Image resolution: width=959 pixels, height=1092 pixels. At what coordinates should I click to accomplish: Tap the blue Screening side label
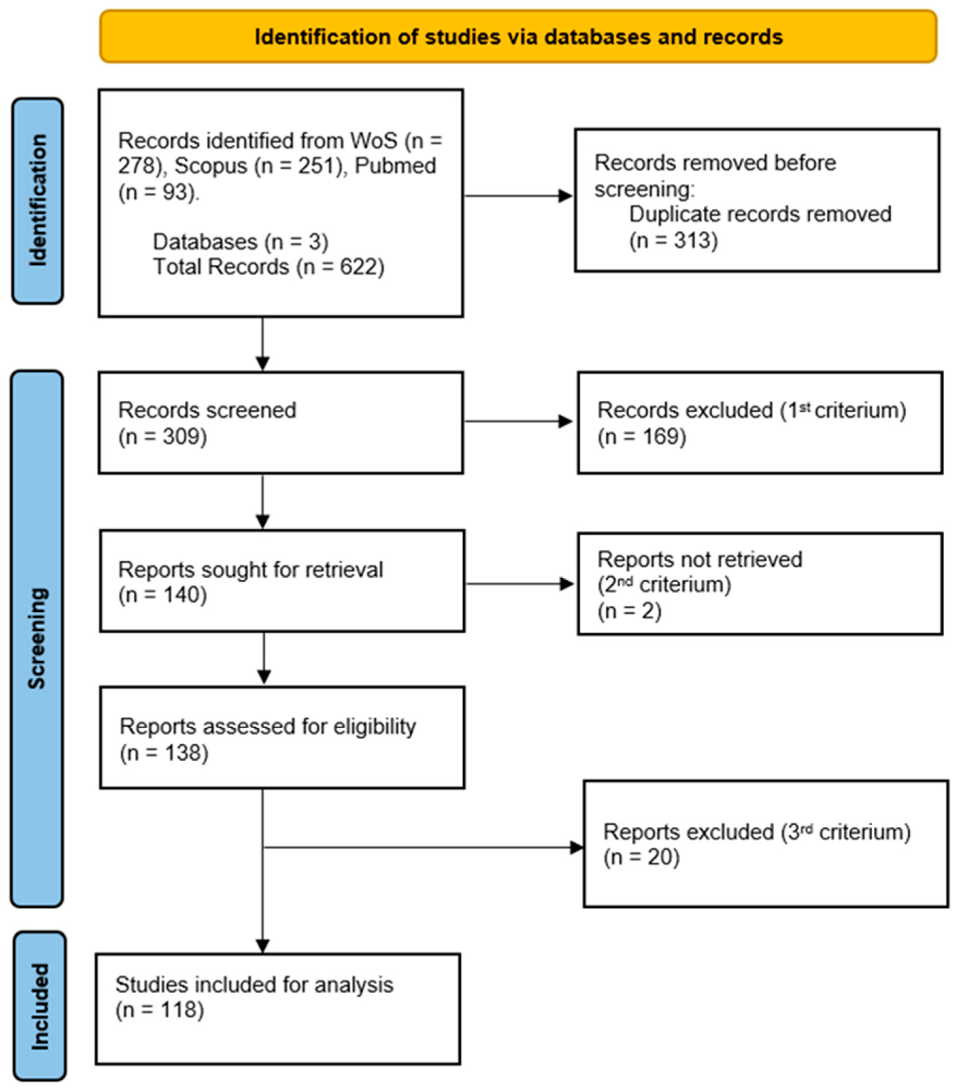click(x=37, y=638)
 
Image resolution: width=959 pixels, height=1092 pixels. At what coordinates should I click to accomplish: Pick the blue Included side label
click(x=40, y=1006)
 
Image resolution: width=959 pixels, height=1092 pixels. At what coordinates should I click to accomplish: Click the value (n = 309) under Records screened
click(x=162, y=437)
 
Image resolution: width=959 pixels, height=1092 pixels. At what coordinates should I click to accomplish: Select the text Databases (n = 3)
click(x=240, y=241)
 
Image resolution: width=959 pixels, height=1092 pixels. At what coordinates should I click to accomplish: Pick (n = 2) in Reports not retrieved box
click(x=629, y=610)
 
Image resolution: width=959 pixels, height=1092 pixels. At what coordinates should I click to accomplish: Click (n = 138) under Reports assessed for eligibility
click(x=164, y=752)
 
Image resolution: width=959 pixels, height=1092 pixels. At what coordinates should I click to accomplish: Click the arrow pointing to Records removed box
click(x=518, y=195)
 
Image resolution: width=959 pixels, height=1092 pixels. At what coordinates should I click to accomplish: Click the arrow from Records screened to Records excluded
click(x=518, y=421)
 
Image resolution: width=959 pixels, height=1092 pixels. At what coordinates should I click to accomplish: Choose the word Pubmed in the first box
click(x=395, y=166)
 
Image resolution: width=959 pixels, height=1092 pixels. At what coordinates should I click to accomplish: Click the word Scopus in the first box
click(x=211, y=166)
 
